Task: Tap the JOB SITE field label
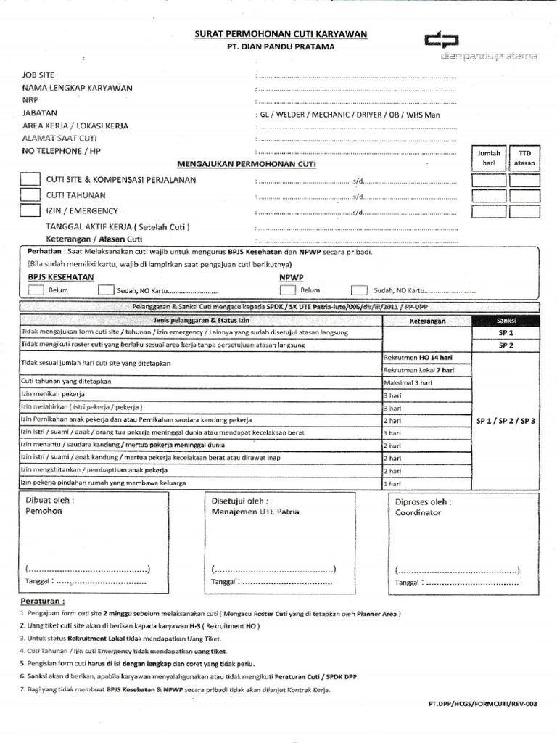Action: pos(38,75)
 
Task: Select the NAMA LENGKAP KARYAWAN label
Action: pos(77,88)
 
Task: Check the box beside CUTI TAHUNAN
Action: pos(30,195)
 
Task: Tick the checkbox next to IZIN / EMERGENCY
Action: pos(30,211)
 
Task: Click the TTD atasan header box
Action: pos(524,158)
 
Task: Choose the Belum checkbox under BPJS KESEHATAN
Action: pos(36,290)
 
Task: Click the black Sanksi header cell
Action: pos(506,320)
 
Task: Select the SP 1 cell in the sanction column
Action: pos(506,332)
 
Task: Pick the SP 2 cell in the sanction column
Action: pos(506,345)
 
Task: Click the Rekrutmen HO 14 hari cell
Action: pos(418,358)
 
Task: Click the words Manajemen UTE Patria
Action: pos(255,512)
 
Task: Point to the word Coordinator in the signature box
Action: pos(418,512)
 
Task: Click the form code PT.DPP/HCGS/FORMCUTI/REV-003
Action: pos(483,705)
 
